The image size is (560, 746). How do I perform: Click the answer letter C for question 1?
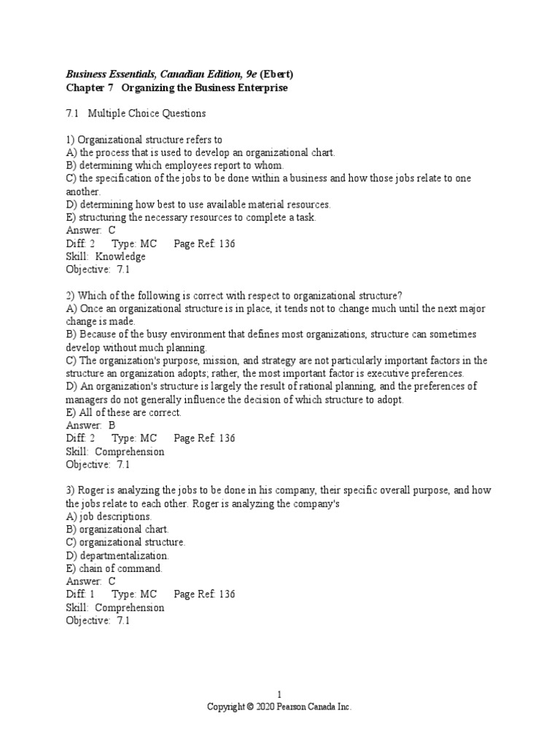pos(112,230)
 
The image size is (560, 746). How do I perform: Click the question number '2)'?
pos(71,295)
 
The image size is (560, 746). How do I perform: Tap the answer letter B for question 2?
pos(112,425)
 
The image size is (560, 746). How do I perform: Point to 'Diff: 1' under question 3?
pos(81,594)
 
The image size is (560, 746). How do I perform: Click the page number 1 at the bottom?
pos(279,694)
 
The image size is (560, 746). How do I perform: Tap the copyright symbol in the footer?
pos(249,707)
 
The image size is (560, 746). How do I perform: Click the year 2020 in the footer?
pos(266,707)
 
